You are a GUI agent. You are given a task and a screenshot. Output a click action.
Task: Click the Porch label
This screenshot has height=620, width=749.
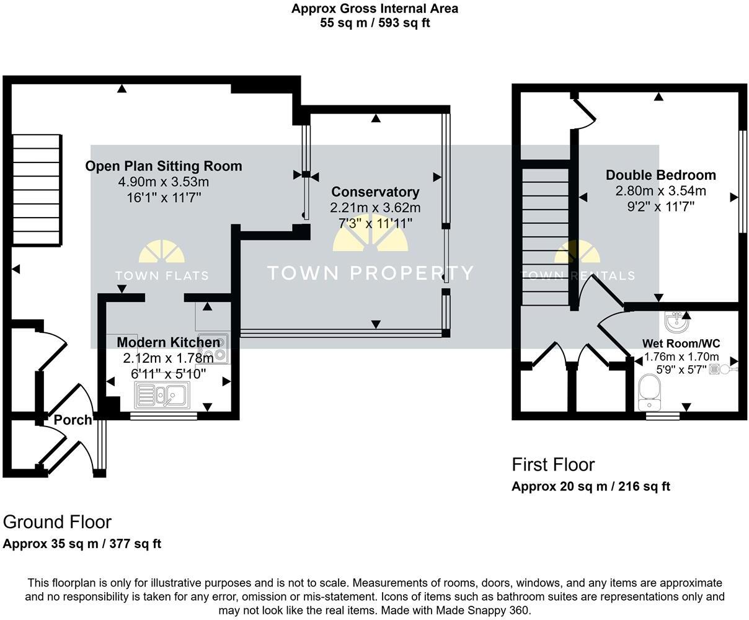point(73,420)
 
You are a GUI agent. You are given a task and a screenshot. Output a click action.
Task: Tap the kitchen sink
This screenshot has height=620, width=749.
point(162,396)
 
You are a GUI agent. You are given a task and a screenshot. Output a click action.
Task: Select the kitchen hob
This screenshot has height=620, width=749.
point(213,348)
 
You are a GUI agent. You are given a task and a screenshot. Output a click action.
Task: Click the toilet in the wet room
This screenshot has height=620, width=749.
point(649,392)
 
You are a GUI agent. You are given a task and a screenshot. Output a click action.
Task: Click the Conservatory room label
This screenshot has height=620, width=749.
point(375,192)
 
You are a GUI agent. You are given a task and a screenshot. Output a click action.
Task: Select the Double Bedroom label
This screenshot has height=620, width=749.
point(661,175)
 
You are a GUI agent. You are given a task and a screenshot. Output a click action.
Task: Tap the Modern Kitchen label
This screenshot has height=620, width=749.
point(168,342)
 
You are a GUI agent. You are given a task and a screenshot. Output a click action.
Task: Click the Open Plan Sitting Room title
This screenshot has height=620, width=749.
point(164,166)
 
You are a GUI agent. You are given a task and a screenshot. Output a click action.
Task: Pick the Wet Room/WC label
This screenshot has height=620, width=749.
point(681,343)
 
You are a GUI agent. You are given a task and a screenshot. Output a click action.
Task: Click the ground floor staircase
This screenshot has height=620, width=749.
point(37,190)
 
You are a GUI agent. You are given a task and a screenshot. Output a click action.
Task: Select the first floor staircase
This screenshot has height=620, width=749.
point(545,237)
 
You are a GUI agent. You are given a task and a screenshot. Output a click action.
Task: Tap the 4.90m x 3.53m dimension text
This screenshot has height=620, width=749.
point(164,182)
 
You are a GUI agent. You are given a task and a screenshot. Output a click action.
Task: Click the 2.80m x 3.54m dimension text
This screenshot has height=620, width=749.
point(661,191)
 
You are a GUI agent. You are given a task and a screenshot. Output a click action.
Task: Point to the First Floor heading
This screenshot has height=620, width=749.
point(553,464)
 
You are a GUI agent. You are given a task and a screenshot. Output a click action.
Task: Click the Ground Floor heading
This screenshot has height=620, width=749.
point(58,522)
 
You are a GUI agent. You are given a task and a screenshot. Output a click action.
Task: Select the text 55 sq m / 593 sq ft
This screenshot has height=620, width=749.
point(375,23)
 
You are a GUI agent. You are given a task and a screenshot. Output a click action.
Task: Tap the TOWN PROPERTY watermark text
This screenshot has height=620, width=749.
point(370,273)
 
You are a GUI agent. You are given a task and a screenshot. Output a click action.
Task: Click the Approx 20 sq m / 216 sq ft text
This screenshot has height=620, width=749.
point(591,487)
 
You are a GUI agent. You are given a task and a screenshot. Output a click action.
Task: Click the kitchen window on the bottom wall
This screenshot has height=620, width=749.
point(164,416)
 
